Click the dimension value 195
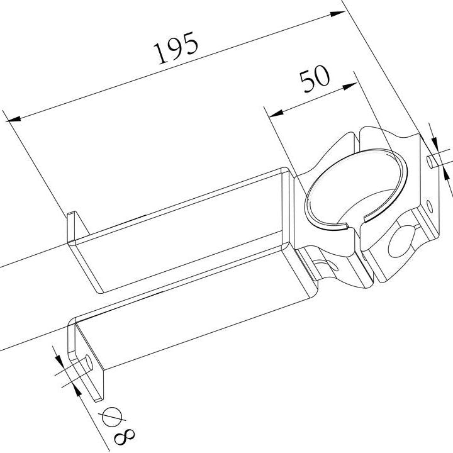point(177,48)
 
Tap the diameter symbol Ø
point(111,417)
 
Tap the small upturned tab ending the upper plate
point(73,226)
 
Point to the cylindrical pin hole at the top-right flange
point(430,161)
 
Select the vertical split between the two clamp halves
point(363,252)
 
